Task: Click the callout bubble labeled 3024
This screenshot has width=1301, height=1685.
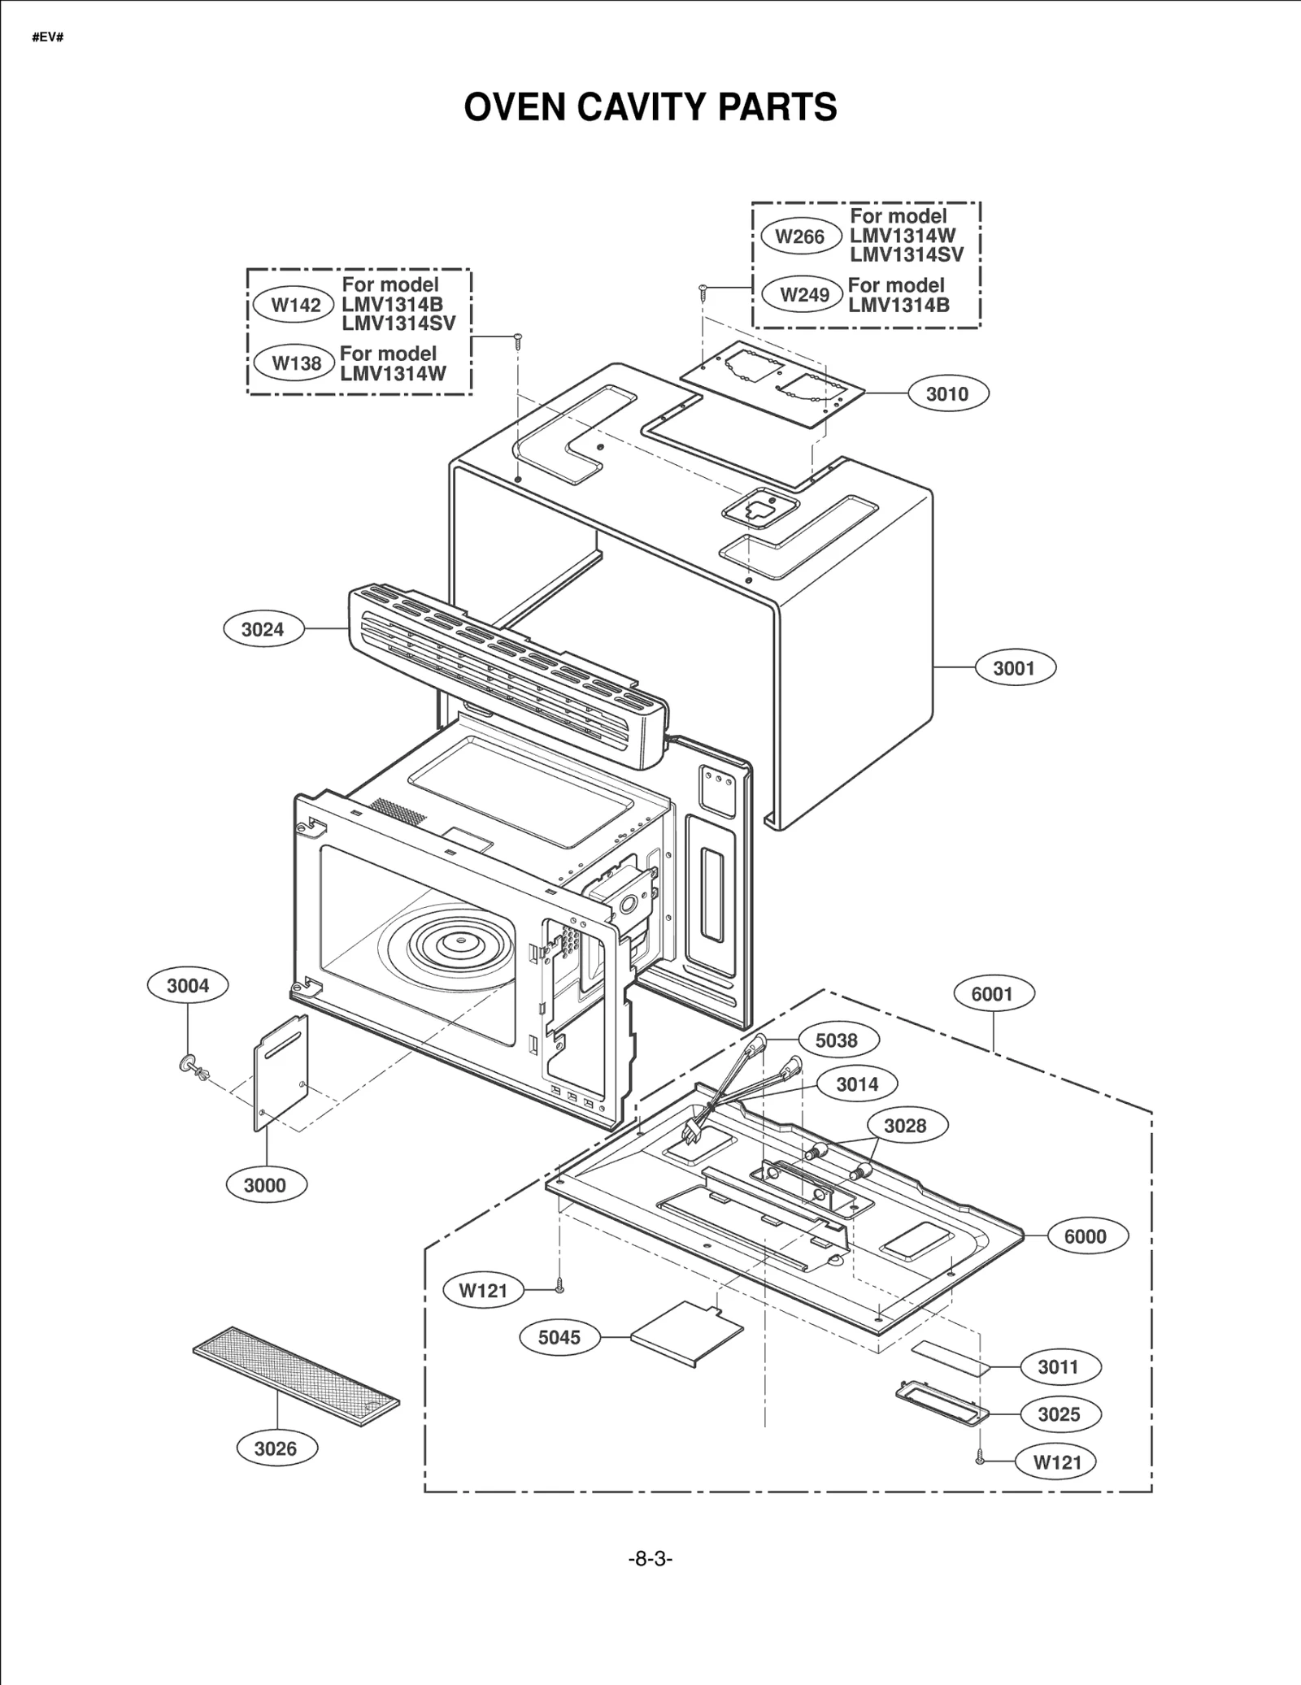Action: (263, 629)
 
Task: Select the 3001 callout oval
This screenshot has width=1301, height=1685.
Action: (1014, 668)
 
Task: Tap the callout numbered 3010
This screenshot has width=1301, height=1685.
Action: (947, 394)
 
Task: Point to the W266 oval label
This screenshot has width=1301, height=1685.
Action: (800, 237)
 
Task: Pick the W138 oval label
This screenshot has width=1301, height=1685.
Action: (295, 363)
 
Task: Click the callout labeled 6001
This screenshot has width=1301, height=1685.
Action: (992, 993)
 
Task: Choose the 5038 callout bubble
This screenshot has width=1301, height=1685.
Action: (836, 1040)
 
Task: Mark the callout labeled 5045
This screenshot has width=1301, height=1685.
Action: (559, 1337)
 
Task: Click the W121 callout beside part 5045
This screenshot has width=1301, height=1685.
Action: (483, 1290)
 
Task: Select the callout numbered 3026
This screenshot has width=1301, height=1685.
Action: (276, 1448)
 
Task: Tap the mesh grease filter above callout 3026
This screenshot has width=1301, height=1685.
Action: (296, 1377)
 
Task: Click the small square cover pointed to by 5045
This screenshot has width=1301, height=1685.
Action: (687, 1334)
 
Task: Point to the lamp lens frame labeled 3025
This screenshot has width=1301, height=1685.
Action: (942, 1405)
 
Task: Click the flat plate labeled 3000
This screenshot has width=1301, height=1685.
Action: (281, 1073)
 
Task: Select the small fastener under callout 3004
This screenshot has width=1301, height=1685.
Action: (194, 1066)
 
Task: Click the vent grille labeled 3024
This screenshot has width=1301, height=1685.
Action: (508, 676)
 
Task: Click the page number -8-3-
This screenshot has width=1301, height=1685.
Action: (650, 1558)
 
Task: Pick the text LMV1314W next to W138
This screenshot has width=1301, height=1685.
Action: (394, 374)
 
